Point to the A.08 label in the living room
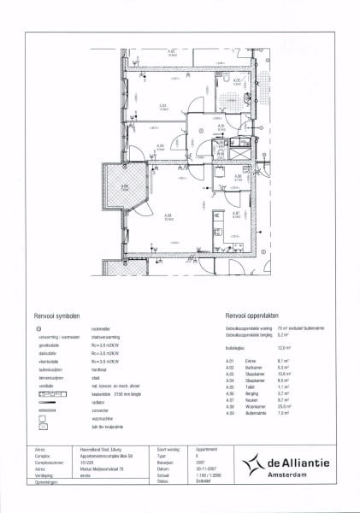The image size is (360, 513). click(168, 215)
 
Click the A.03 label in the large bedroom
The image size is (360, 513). click(162, 106)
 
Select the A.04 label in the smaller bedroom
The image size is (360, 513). click(160, 145)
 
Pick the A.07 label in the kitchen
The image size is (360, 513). click(236, 214)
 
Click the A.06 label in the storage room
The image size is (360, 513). click(239, 178)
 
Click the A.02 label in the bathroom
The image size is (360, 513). click(237, 81)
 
